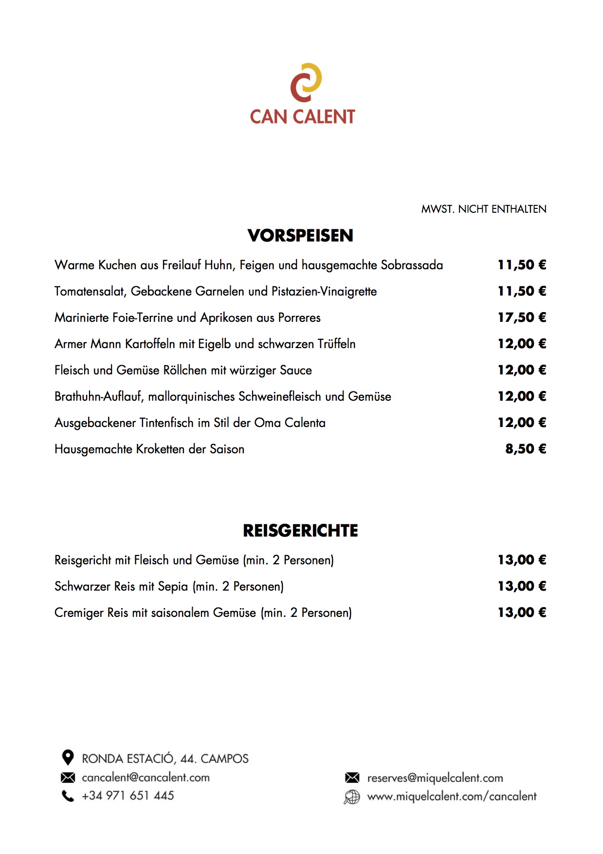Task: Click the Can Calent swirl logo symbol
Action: [306, 82]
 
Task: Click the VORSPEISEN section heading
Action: [300, 236]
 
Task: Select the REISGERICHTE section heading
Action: [300, 531]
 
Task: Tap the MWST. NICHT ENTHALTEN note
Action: [483, 209]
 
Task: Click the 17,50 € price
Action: [522, 317]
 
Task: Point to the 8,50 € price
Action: [526, 449]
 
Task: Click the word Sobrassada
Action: [412, 265]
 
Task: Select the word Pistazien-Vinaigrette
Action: [324, 292]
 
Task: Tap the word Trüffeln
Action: [336, 344]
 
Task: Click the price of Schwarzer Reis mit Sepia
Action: [522, 586]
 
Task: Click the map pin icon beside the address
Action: [68, 758]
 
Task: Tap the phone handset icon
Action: [68, 796]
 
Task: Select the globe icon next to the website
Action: [352, 797]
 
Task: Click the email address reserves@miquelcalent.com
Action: [435, 778]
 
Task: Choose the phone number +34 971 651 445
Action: [128, 796]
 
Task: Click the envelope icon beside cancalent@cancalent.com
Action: [68, 778]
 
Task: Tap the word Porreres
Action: [299, 318]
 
